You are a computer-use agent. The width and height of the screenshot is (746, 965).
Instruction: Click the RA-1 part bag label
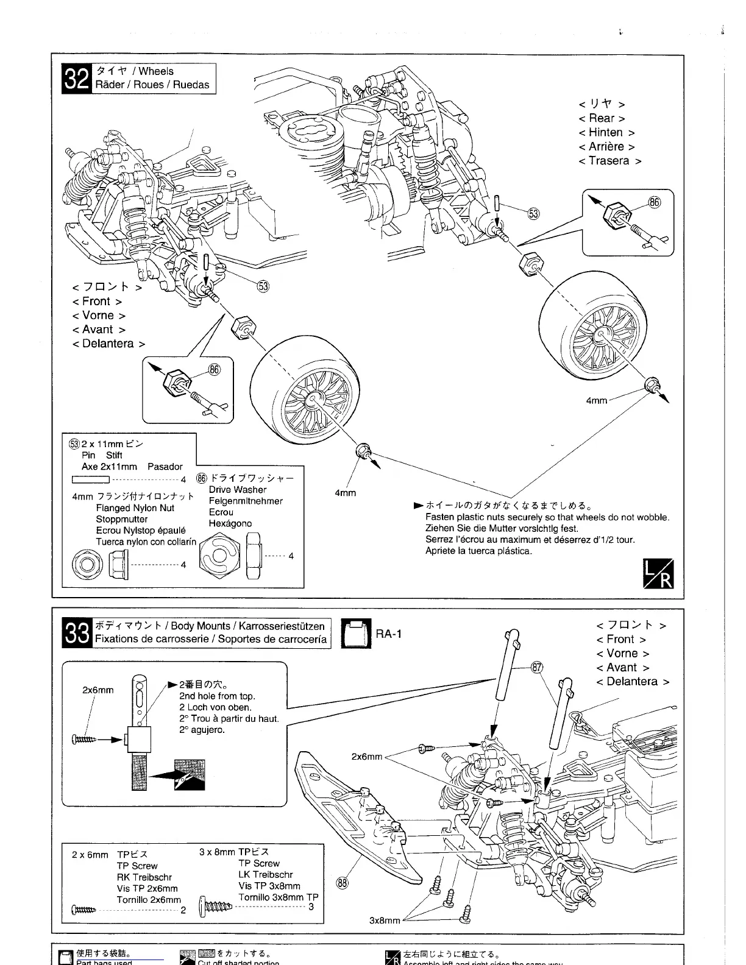click(388, 634)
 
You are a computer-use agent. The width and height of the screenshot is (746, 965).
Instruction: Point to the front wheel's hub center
click(315, 400)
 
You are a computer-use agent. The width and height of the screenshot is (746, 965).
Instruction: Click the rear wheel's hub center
click(601, 333)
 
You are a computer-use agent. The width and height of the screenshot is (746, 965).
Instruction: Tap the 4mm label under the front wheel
click(346, 492)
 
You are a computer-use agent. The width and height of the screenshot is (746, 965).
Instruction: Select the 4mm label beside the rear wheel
click(597, 400)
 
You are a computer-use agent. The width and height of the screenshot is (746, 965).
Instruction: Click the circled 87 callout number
click(536, 666)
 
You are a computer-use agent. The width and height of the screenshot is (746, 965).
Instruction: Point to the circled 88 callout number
click(343, 882)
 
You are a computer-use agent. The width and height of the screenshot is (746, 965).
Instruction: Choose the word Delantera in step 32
click(108, 344)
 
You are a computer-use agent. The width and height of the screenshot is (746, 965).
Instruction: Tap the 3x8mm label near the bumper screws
click(385, 920)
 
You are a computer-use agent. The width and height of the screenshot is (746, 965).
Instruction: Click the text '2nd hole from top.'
click(217, 696)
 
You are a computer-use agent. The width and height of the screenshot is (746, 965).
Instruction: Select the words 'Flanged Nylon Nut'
click(135, 508)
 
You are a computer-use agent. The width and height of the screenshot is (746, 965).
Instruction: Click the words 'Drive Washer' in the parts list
click(238, 490)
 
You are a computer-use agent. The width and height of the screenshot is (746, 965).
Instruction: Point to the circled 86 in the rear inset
click(654, 202)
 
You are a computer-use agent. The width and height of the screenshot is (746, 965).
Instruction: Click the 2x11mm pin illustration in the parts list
click(90, 479)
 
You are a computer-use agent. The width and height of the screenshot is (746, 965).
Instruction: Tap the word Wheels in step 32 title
click(156, 71)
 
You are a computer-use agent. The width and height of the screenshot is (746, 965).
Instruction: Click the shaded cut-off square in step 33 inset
click(190, 774)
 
